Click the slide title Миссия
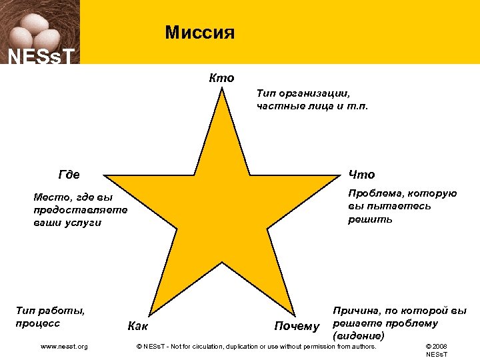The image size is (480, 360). pyautogui.click(x=199, y=32)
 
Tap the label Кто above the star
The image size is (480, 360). pyautogui.click(x=221, y=78)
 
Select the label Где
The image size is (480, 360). pyautogui.click(x=69, y=175)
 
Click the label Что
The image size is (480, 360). pyautogui.click(x=361, y=175)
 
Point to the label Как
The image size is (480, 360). pyautogui.click(x=137, y=326)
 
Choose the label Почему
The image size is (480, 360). pyautogui.click(x=297, y=326)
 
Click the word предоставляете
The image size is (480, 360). pyautogui.click(x=79, y=209)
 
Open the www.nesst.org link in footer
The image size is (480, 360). pyautogui.click(x=64, y=346)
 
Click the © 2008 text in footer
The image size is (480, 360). pyautogui.click(x=437, y=346)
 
